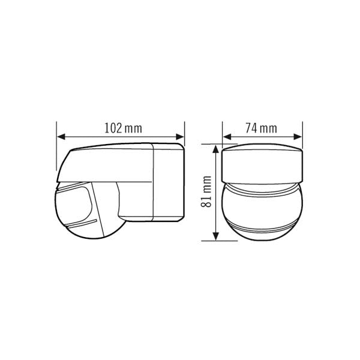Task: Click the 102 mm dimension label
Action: click(x=123, y=128)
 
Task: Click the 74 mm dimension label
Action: click(x=261, y=128)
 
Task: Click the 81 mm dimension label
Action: click(x=206, y=192)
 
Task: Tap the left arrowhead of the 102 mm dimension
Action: click(x=61, y=137)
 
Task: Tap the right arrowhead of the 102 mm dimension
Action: click(x=180, y=137)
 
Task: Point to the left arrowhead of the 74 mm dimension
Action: click(x=227, y=137)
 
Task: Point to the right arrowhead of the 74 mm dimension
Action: click(x=298, y=137)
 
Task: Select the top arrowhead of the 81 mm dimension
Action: click(x=215, y=149)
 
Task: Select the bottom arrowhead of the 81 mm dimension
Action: click(x=215, y=236)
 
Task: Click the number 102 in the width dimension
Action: click(x=113, y=128)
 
